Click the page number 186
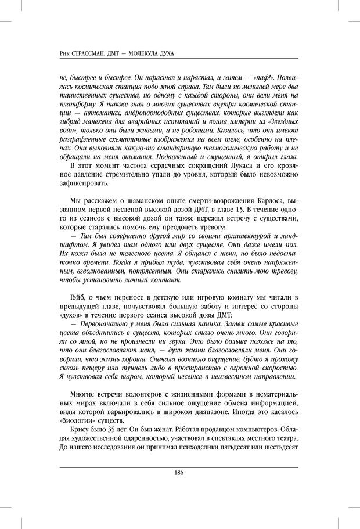click(179, 472)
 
